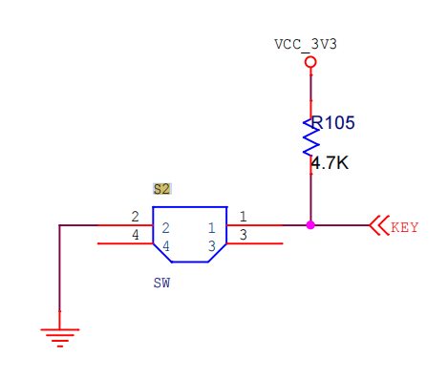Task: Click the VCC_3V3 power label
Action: pos(306,45)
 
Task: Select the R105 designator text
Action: pos(332,123)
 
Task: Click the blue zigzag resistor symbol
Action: pos(310,137)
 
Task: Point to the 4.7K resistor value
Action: pos(330,163)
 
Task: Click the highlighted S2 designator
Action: pos(161,189)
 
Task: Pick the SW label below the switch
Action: pos(161,283)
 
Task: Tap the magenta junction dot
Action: pos(310,225)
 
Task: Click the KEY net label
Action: pos(404,227)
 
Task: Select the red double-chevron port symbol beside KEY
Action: pos(379,225)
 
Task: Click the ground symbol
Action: pos(59,338)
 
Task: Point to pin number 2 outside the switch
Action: pos(135,217)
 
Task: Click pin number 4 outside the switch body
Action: pos(136,235)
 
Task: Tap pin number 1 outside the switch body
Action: pos(244,217)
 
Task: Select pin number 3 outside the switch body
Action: pos(244,235)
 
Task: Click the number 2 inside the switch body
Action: pos(165,228)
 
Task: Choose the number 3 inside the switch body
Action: pos(212,246)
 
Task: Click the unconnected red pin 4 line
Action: pos(125,243)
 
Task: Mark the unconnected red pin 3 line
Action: pos(254,243)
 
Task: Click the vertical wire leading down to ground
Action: pos(59,268)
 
